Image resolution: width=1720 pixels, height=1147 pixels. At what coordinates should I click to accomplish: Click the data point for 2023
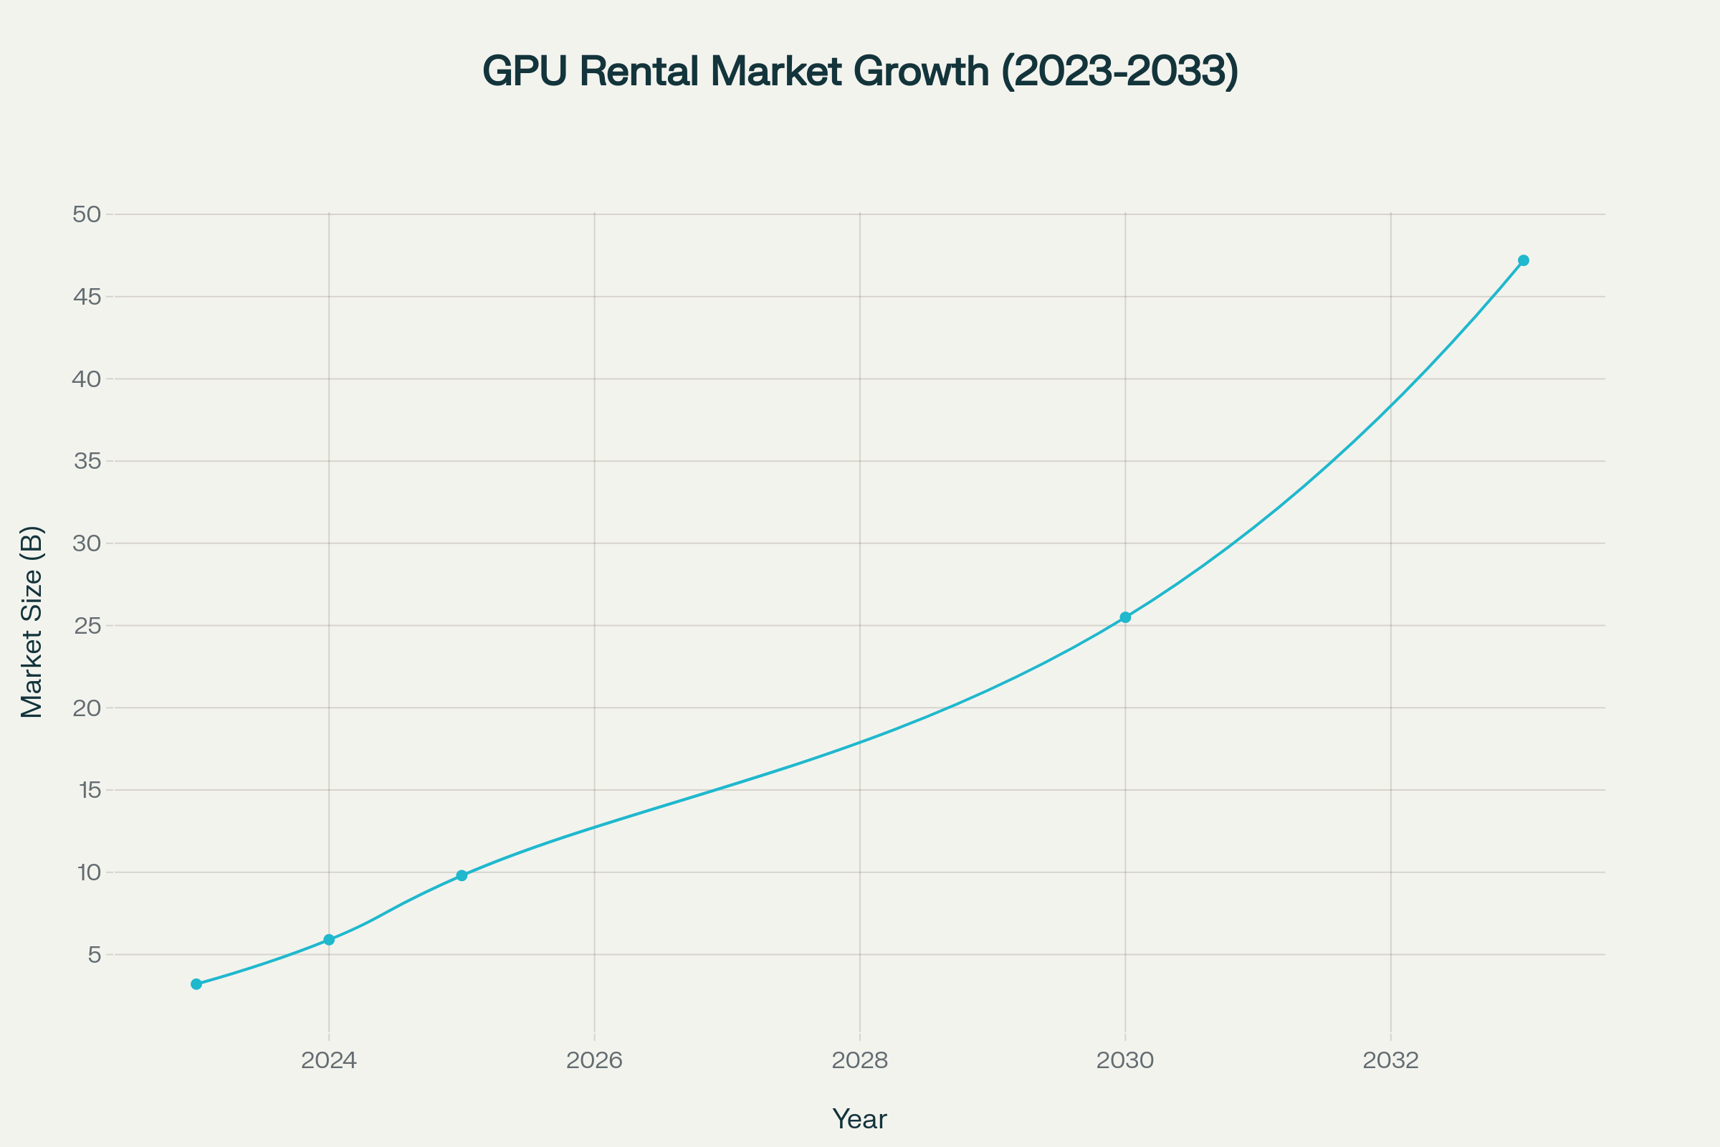[196, 984]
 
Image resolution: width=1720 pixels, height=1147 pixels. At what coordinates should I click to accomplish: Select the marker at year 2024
[329, 939]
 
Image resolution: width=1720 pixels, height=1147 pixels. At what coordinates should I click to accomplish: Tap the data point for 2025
[462, 875]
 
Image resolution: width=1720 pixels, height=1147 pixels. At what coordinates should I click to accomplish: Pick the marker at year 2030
[1125, 617]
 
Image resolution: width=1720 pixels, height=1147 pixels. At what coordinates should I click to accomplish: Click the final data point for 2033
[1524, 260]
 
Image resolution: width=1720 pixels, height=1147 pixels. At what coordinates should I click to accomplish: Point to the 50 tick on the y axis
[87, 214]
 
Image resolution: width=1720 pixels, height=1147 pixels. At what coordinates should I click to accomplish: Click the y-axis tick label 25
[87, 625]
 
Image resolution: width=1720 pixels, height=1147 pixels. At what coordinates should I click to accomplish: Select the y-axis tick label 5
[95, 955]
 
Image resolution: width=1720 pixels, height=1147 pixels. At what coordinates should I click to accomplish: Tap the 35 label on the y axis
[87, 462]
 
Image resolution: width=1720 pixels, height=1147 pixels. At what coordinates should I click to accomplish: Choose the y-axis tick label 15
[88, 790]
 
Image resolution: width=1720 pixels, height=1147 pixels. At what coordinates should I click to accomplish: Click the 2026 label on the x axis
[595, 1060]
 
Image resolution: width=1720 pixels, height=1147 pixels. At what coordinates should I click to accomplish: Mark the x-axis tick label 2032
[1390, 1060]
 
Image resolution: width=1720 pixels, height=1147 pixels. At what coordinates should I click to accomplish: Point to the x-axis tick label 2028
[860, 1060]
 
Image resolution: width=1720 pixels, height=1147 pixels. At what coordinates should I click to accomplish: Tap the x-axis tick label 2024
[329, 1060]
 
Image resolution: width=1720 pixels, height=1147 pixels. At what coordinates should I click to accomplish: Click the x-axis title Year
[859, 1119]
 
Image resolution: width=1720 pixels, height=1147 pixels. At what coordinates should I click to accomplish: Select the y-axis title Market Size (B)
[32, 622]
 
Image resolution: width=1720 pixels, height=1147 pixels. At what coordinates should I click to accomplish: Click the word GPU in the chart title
[525, 72]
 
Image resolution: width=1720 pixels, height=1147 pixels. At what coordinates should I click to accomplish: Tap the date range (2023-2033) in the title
[1119, 72]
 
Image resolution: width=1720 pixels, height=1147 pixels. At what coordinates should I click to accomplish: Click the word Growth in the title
[921, 72]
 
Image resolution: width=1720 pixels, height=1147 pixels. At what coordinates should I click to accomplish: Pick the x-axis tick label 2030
[1125, 1060]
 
